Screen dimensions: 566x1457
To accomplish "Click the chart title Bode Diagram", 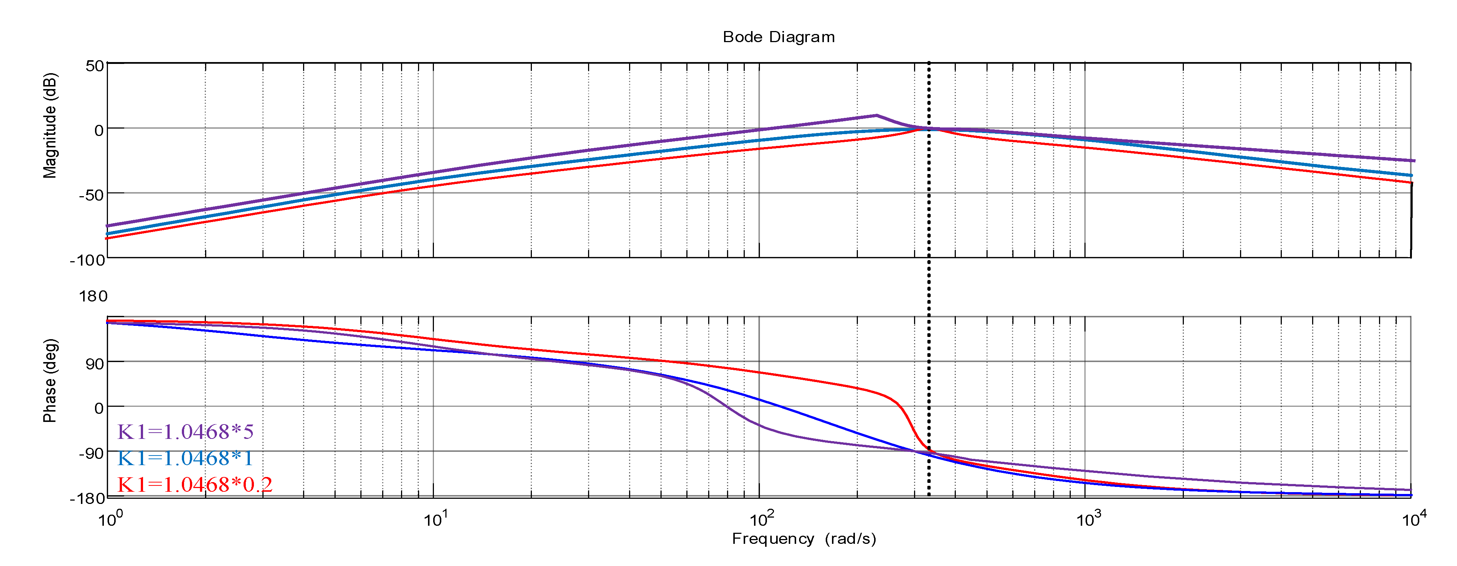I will point(778,37).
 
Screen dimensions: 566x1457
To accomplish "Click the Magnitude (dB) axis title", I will point(50,126).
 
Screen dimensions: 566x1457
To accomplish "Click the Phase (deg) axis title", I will point(50,381).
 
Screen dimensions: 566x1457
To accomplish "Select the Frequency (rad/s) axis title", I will point(804,539).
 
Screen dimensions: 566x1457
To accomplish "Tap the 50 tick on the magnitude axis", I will point(95,66).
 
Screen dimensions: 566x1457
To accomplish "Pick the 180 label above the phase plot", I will point(93,296).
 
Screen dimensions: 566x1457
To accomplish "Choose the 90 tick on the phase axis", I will point(95,364).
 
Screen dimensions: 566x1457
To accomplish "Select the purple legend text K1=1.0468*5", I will point(186,432).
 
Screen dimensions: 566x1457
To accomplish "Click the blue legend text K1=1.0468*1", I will point(186,458).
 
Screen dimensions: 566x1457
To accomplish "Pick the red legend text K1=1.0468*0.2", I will point(195,485).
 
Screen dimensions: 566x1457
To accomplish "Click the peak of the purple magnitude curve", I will point(876,115).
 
